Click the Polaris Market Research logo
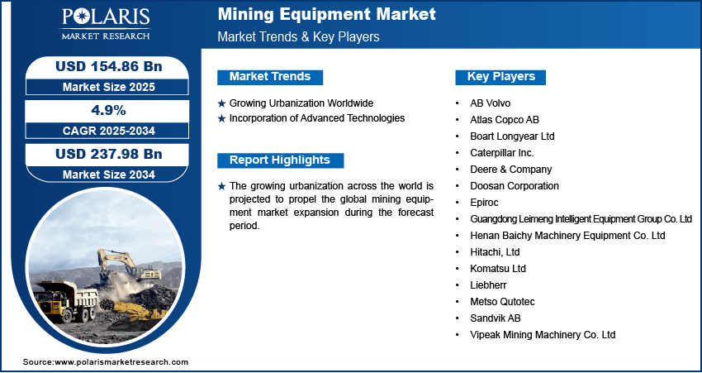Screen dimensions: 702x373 point(106,24)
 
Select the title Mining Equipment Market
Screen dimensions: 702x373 point(326,14)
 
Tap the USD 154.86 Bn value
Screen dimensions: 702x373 point(108,66)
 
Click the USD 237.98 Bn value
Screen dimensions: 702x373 point(108,154)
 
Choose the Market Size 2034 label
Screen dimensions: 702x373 point(108,175)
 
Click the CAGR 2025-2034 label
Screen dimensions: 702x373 point(108,131)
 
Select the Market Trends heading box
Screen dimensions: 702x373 point(270,77)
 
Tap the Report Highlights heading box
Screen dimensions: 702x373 point(280,160)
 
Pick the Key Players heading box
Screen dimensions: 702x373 point(500,77)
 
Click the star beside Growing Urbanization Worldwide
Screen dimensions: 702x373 point(221,103)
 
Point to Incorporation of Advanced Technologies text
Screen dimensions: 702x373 point(317,118)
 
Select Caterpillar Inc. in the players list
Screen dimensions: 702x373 point(502,153)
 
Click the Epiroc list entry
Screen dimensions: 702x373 point(484,203)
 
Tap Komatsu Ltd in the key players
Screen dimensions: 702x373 point(498,269)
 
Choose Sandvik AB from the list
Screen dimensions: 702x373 point(496,318)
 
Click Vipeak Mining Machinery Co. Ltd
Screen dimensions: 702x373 point(543,334)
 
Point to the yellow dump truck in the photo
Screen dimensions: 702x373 point(66,300)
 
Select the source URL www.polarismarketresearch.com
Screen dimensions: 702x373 point(121,361)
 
